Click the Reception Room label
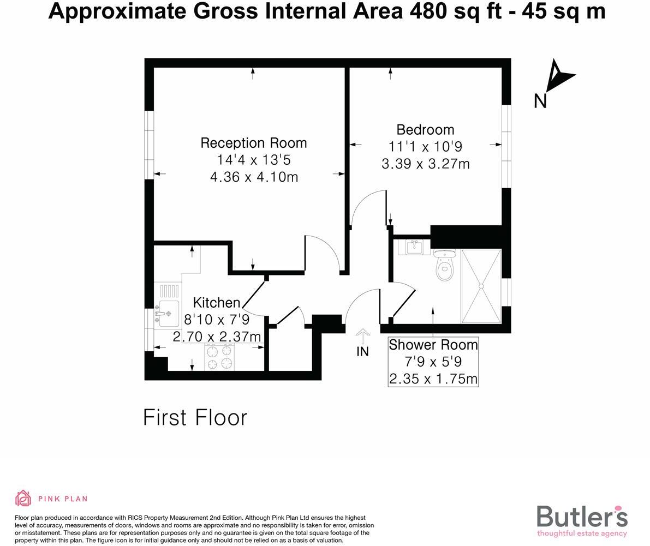pyautogui.click(x=254, y=143)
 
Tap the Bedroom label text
pyautogui.click(x=425, y=130)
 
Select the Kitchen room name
pyautogui.click(x=217, y=303)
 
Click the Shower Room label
pyautogui.click(x=433, y=345)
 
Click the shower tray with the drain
pyautogui.click(x=481, y=286)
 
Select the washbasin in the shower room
pyautogui.click(x=415, y=247)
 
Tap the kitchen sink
pyautogui.click(x=168, y=313)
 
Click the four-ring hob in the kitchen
pyautogui.click(x=220, y=357)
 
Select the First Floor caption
pyautogui.click(x=195, y=418)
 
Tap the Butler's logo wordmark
pyautogui.click(x=582, y=517)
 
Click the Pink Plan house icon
pyautogui.click(x=23, y=498)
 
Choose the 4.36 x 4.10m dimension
pyautogui.click(x=254, y=177)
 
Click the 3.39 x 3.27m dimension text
pyautogui.click(x=425, y=164)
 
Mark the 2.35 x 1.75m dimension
pyautogui.click(x=433, y=379)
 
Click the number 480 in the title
pyautogui.click(x=424, y=11)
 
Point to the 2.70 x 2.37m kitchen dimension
pyautogui.click(x=217, y=337)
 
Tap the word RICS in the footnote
pyautogui.click(x=136, y=518)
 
